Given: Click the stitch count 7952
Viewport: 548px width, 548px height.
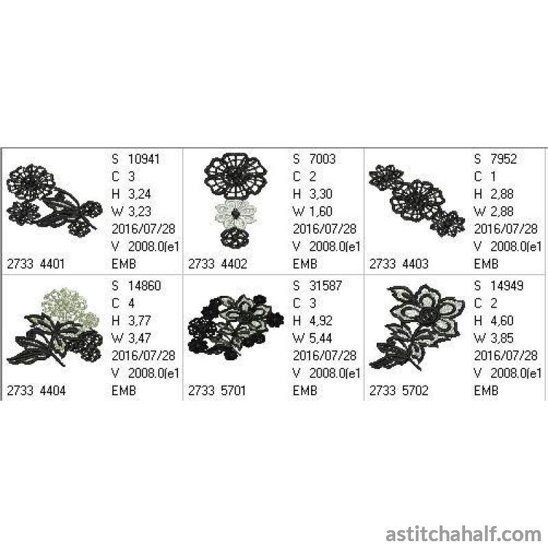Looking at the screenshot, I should [503, 159].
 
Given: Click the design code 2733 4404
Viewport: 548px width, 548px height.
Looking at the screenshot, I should [40, 390].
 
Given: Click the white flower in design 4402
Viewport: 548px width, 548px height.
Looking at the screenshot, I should [236, 212].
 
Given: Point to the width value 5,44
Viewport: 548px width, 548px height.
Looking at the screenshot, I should [326, 338].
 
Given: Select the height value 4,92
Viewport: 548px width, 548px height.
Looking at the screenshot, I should [326, 320].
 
